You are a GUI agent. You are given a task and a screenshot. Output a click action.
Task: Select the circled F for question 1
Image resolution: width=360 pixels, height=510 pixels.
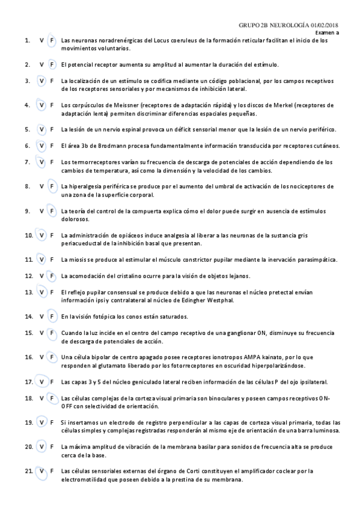(52, 40)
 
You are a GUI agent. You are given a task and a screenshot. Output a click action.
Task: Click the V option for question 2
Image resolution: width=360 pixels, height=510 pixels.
(41, 64)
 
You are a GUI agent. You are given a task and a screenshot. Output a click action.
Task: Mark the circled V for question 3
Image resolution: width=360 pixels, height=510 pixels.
(41, 81)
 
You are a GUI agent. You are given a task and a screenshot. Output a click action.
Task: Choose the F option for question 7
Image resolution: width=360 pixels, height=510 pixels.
(52, 162)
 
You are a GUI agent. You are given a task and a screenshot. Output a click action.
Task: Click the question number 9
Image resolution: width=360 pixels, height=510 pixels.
(27, 211)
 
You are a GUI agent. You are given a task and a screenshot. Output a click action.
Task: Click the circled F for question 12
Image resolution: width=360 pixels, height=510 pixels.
(52, 276)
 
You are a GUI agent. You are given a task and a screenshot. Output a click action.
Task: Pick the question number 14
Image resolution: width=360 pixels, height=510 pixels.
(28, 316)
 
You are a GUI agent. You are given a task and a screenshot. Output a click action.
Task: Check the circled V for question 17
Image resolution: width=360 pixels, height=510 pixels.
(41, 381)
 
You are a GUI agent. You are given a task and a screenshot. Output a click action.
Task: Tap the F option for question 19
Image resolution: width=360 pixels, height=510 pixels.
(52, 422)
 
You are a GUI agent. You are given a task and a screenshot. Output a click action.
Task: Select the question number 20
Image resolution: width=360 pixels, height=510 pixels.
(28, 447)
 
